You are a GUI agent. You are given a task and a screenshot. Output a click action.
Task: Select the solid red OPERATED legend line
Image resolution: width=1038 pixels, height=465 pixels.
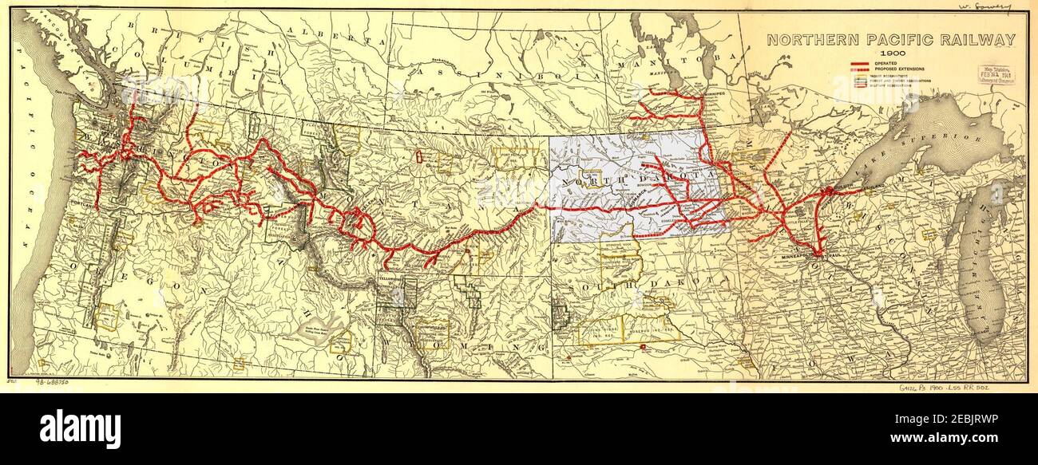[861, 63]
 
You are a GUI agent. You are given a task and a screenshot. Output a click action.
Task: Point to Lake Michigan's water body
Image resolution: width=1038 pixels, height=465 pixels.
[981, 271]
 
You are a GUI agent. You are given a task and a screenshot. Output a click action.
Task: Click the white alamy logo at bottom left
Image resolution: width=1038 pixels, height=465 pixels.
[80, 429]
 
